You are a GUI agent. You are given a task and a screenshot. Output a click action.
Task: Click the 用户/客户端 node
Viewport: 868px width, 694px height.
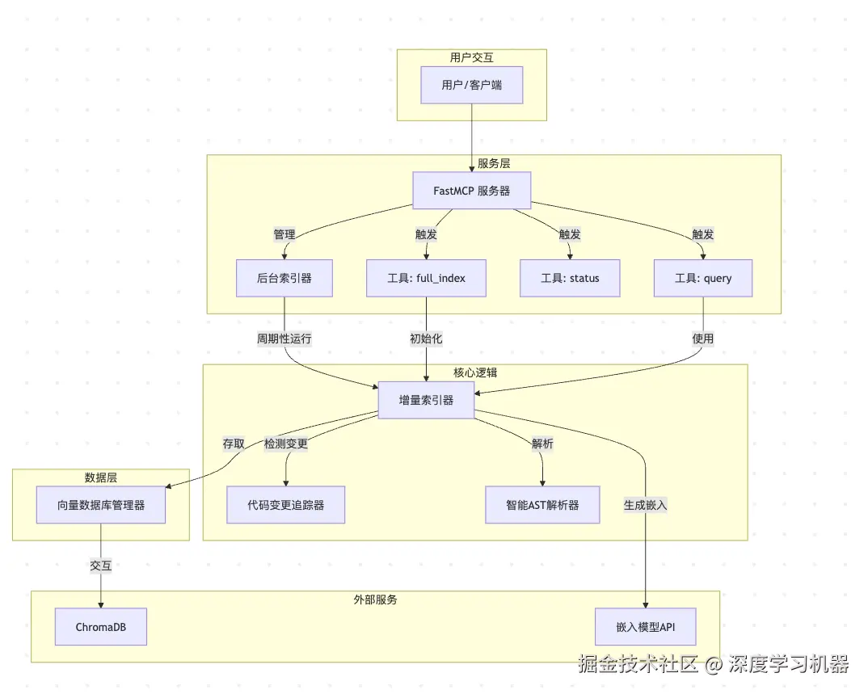point(471,85)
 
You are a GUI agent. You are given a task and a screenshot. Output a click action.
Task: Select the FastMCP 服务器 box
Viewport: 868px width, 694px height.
point(471,191)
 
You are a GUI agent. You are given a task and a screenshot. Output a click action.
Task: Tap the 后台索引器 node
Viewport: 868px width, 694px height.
point(284,278)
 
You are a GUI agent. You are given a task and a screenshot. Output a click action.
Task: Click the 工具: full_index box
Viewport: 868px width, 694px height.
point(426,278)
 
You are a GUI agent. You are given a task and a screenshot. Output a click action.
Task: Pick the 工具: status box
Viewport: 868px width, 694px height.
point(570,278)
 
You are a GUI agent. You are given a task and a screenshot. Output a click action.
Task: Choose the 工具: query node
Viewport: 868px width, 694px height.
point(702,278)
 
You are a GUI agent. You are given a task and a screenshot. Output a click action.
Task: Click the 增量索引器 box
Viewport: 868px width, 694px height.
point(426,400)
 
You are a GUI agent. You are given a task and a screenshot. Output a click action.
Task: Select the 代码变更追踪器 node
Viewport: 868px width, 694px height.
point(285,505)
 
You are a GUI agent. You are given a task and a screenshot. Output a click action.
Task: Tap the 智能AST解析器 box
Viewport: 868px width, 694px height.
point(542,505)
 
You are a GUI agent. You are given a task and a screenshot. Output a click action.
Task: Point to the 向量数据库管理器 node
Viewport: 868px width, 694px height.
point(101,505)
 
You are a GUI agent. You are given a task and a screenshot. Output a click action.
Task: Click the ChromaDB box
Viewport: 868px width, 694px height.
point(101,627)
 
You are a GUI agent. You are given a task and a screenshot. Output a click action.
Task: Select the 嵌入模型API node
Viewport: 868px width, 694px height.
point(645,627)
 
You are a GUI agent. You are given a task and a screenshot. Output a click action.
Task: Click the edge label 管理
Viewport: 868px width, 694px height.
point(284,234)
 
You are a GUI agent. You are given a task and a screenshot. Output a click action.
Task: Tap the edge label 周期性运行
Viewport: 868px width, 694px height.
point(284,339)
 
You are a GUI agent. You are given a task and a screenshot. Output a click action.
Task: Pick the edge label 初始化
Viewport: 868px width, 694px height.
point(426,339)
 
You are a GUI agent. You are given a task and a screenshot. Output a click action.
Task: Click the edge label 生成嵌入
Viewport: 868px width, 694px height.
point(645,505)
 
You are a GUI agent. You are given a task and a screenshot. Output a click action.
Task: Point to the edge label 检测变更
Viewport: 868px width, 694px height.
point(286,444)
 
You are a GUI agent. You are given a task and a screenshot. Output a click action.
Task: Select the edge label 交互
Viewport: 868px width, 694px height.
point(101,566)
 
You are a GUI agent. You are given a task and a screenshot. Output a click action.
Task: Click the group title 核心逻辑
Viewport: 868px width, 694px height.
point(475,372)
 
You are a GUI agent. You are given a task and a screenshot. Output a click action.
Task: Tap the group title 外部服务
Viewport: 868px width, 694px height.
point(375,600)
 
